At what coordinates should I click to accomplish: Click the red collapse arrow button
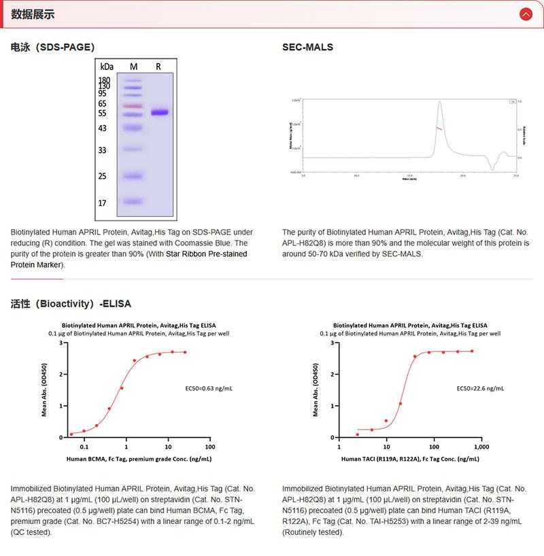tap(526, 14)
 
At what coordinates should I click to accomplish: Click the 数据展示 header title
tap(33, 14)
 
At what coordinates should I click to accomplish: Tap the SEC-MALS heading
tap(307, 47)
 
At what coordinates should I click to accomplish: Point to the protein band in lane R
tap(160, 112)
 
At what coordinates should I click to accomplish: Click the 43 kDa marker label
tap(103, 128)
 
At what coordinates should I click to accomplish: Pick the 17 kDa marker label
tap(103, 203)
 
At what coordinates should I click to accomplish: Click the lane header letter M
tap(133, 67)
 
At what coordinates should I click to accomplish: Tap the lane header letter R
tap(158, 67)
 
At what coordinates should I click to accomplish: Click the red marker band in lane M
tap(133, 106)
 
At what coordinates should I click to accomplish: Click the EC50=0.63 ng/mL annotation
tap(209, 388)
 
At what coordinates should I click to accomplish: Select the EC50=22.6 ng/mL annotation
tap(480, 388)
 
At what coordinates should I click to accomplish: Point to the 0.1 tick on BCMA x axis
tap(84, 447)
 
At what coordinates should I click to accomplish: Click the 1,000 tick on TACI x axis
tap(480, 447)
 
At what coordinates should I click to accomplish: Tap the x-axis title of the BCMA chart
tap(139, 459)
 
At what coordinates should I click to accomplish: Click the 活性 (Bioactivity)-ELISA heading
tap(71, 303)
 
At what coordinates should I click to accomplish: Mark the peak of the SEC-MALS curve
tap(440, 102)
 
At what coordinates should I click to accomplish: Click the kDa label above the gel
tap(106, 67)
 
